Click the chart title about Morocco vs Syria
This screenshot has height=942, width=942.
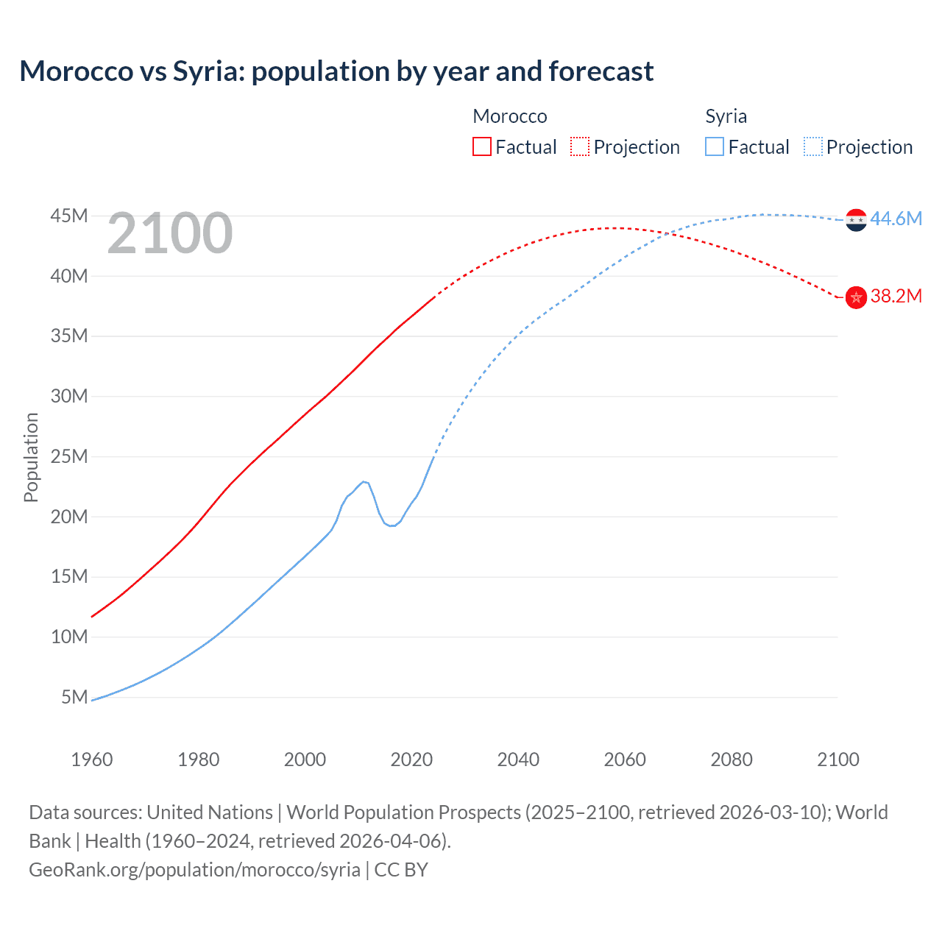(x=336, y=71)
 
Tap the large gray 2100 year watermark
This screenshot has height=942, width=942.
(x=170, y=233)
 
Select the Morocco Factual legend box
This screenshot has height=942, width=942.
(x=481, y=146)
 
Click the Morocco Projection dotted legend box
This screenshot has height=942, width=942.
(x=580, y=146)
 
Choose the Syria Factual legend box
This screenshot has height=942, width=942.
(x=714, y=146)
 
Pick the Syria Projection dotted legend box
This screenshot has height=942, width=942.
(x=812, y=146)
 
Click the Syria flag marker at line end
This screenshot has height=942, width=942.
(x=856, y=219)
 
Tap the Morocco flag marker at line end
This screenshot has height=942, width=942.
(x=856, y=297)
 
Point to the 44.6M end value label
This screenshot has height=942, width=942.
(x=896, y=219)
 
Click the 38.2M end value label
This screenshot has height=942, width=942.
(x=896, y=296)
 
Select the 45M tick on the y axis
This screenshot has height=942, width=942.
(x=69, y=216)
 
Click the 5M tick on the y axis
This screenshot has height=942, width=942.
(x=74, y=696)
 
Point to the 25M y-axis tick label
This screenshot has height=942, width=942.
(x=69, y=456)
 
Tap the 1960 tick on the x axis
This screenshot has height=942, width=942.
(x=92, y=759)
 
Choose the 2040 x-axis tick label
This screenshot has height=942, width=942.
(x=518, y=759)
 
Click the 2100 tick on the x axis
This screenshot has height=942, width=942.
(x=837, y=759)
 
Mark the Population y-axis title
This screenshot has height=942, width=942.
(x=31, y=457)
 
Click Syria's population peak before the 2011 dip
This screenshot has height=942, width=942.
(x=364, y=481)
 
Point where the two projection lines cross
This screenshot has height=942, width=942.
(x=667, y=234)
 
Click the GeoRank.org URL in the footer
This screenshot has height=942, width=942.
(x=194, y=869)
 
